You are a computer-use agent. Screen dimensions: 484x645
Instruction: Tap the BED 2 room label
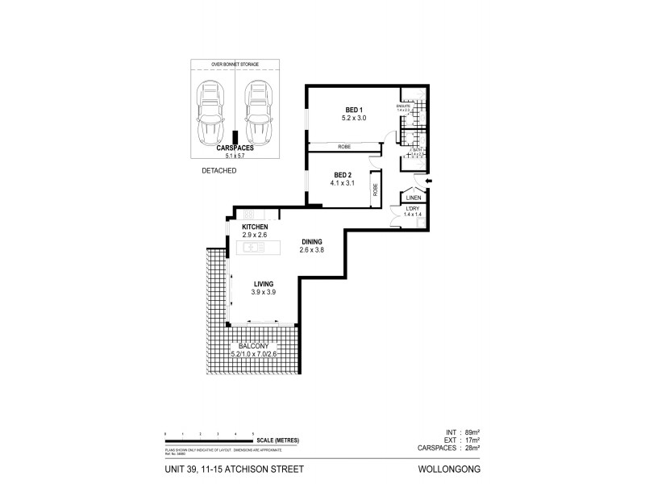click(x=343, y=175)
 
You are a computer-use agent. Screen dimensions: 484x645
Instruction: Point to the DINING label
click(x=314, y=241)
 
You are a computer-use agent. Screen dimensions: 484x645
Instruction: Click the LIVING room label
click(x=264, y=284)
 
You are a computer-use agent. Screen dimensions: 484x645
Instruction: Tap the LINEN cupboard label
click(x=414, y=198)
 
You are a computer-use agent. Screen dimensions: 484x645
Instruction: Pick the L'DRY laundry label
click(x=414, y=212)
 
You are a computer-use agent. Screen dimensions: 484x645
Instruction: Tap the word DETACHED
click(x=218, y=171)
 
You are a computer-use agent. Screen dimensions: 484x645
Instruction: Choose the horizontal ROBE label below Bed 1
click(x=343, y=146)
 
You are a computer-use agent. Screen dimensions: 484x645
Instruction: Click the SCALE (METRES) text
click(x=278, y=440)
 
